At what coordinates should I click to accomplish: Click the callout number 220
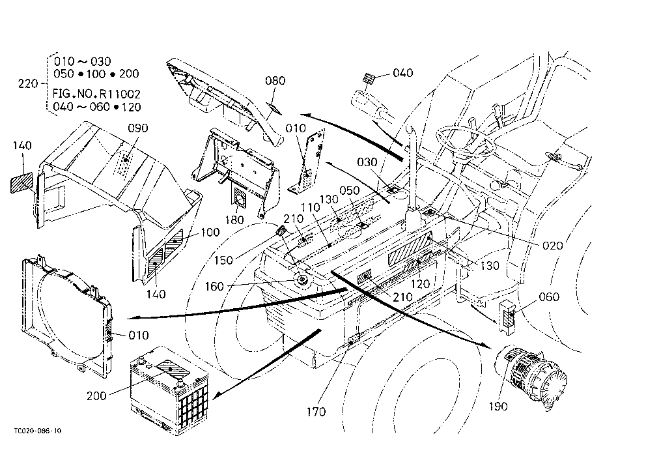(x=28, y=83)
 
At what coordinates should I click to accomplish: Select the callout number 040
(x=402, y=73)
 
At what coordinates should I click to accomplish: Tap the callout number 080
(x=275, y=80)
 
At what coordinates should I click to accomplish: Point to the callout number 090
(x=137, y=128)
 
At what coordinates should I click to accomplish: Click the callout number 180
(x=234, y=220)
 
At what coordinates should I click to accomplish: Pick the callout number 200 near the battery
(x=96, y=395)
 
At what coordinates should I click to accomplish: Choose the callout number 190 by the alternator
(x=498, y=407)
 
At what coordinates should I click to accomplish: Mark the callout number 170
(x=316, y=411)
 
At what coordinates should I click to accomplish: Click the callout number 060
(x=549, y=296)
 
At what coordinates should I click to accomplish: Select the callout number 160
(x=214, y=286)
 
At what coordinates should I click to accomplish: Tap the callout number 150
(x=224, y=260)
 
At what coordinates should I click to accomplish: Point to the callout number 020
(x=552, y=246)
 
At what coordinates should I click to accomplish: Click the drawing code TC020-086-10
(x=38, y=431)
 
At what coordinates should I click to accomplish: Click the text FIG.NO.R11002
(x=96, y=94)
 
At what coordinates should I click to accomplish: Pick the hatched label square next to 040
(x=369, y=78)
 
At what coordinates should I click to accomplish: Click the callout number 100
(x=210, y=233)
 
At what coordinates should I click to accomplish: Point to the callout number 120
(x=420, y=284)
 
